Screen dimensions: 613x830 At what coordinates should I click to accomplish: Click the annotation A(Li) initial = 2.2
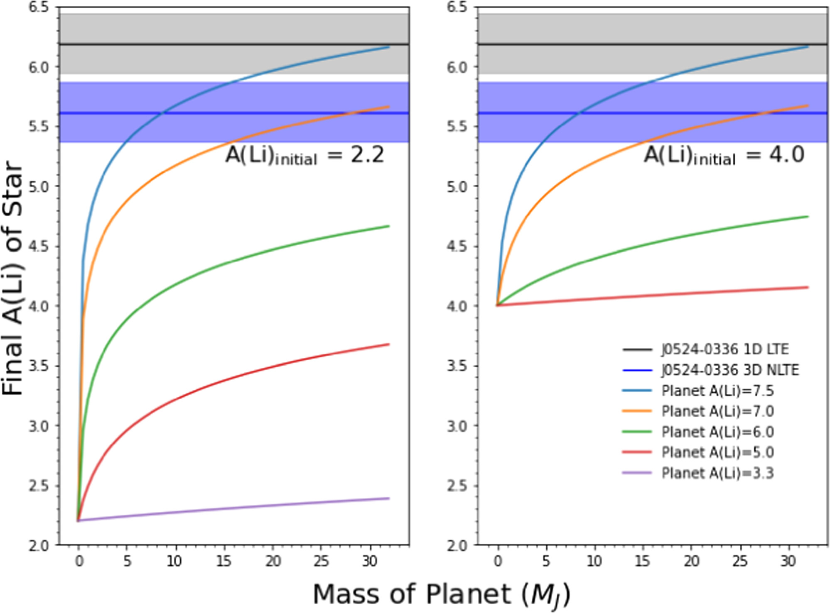tap(304, 156)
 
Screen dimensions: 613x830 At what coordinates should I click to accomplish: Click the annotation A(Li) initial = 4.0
tap(724, 156)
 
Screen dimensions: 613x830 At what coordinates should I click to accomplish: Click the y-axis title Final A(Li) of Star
tap(12, 278)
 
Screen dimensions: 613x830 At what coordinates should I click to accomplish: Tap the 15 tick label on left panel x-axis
tap(223, 561)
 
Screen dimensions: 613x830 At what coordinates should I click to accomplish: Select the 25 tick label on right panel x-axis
tap(740, 561)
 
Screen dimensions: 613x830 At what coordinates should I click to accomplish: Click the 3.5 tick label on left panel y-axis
tap(38, 366)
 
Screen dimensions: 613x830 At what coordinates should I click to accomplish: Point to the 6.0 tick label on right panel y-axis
tap(457, 67)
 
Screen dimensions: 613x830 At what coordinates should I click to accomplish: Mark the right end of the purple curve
tap(389, 498)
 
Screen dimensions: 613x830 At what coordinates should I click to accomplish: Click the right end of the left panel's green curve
tap(389, 226)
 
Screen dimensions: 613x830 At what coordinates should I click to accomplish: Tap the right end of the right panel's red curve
tap(808, 287)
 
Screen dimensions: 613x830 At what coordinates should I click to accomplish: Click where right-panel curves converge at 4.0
tap(497, 305)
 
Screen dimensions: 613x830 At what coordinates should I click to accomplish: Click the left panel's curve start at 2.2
tap(78, 520)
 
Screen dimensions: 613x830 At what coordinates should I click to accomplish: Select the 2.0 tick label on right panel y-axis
tap(457, 545)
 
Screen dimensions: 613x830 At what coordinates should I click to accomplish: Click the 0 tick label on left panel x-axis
tap(79, 561)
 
